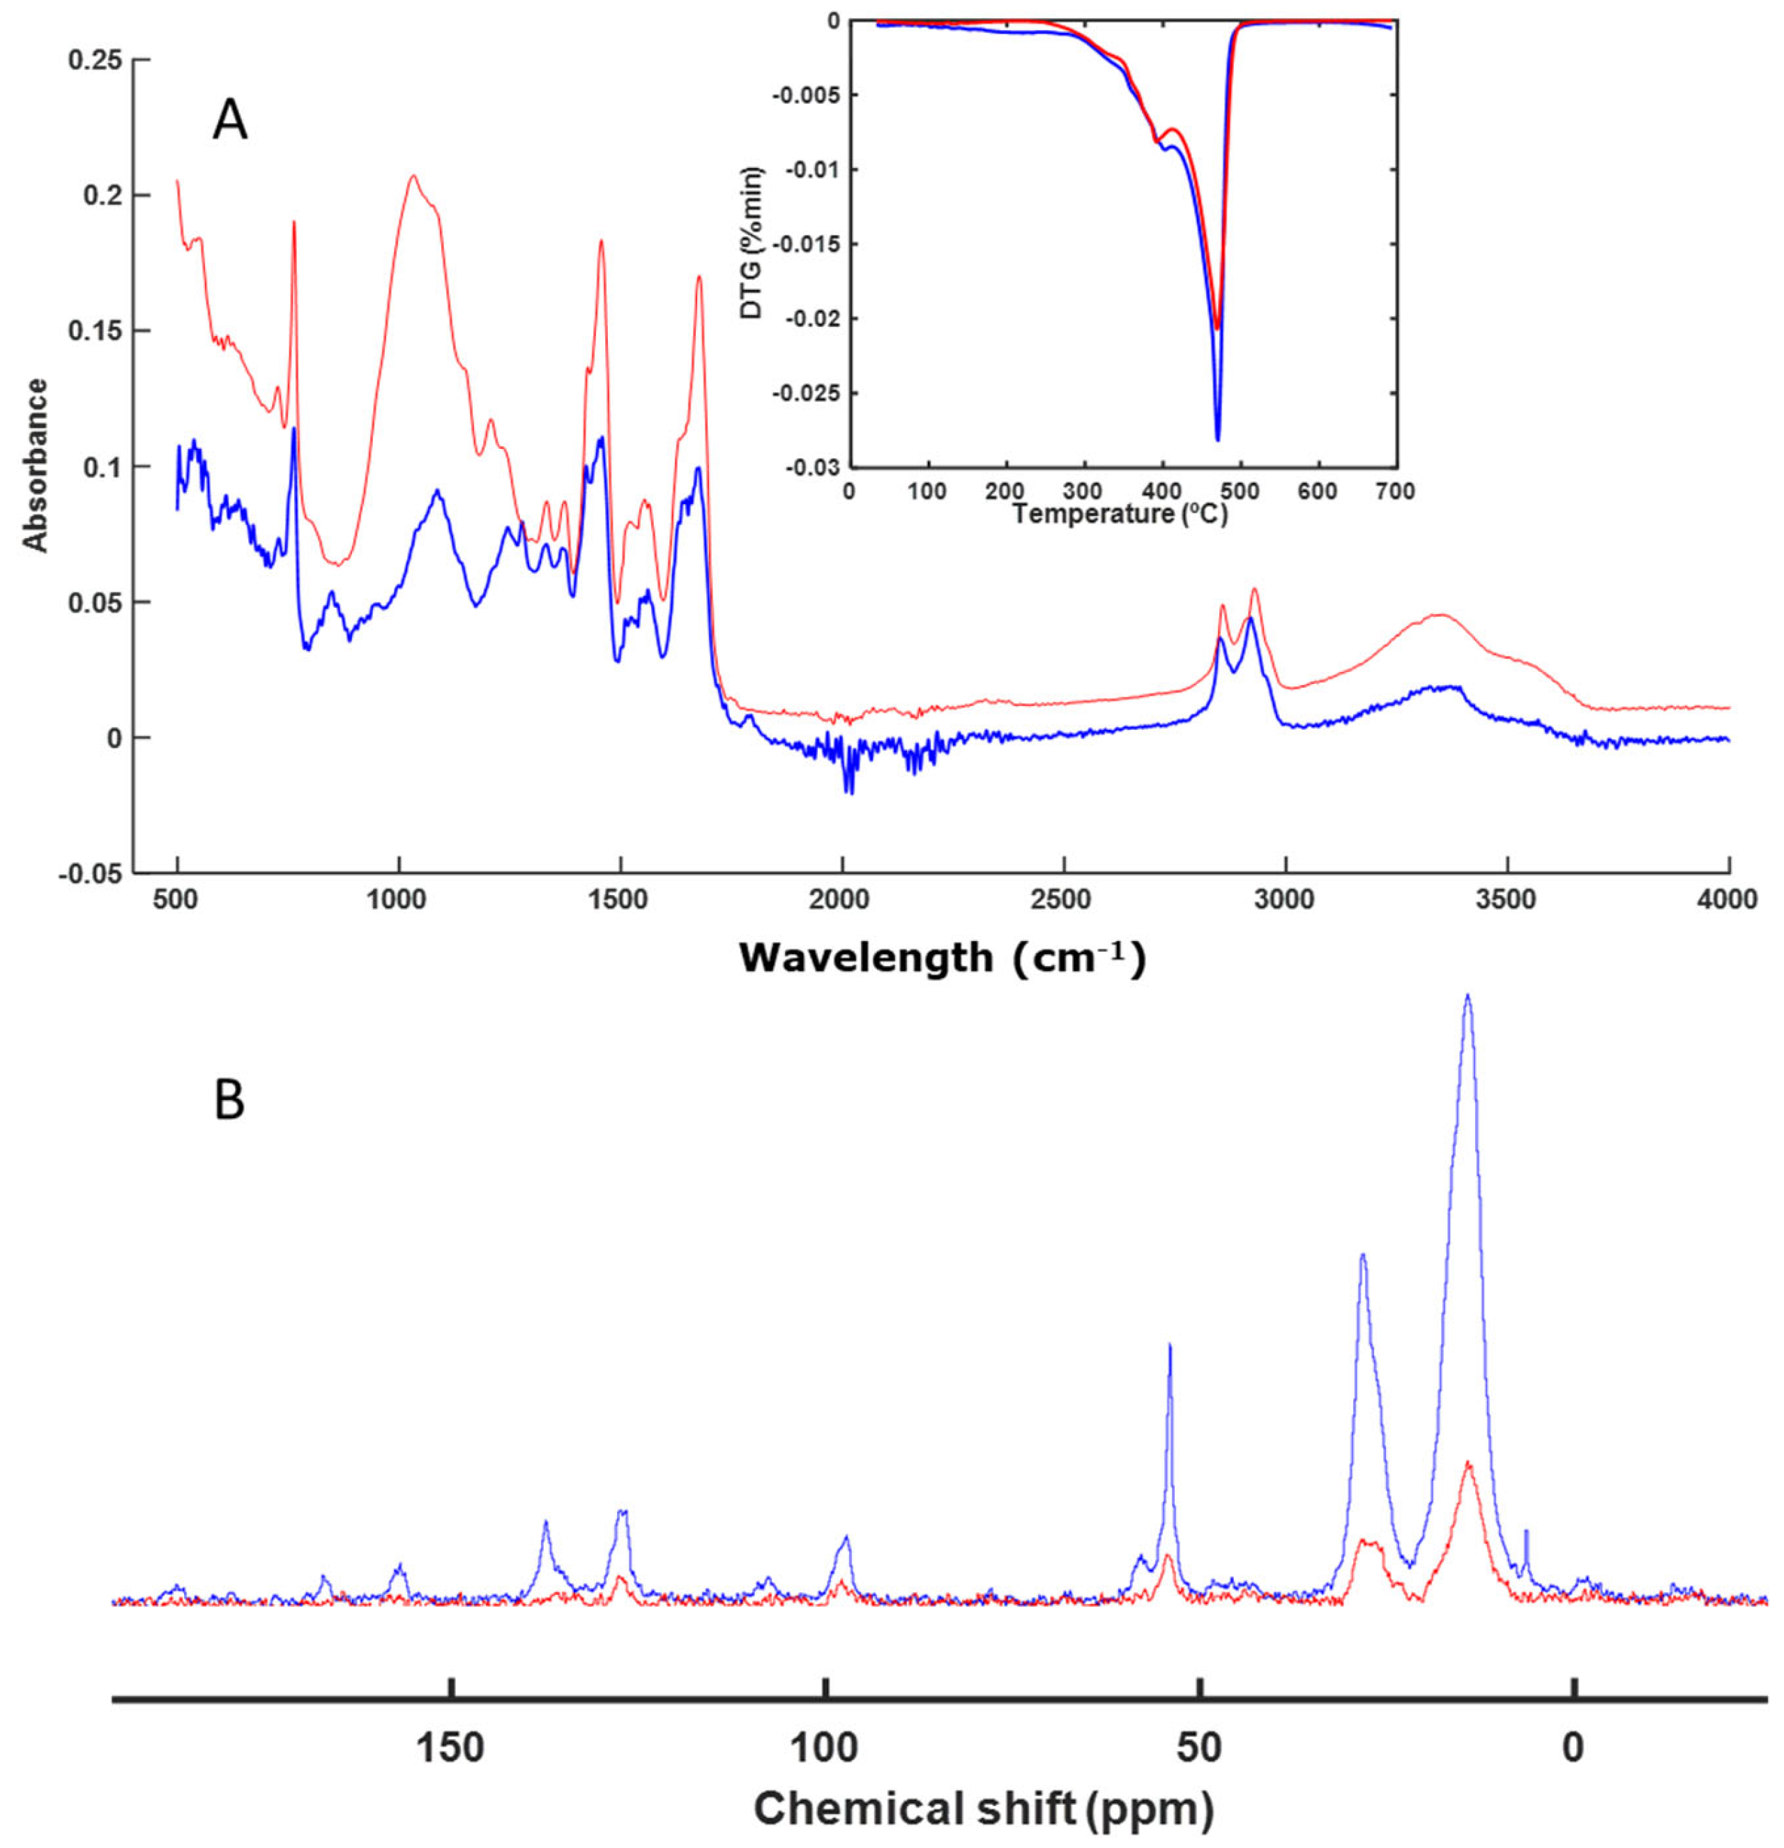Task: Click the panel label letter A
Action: (229, 121)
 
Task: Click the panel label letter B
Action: (229, 1100)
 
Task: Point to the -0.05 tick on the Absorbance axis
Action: (91, 873)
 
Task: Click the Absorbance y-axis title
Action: (36, 465)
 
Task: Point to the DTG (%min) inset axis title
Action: (752, 243)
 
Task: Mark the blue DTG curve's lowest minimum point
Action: (1217, 439)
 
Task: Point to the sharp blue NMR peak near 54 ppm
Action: (1169, 1346)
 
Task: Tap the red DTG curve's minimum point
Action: (1217, 328)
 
